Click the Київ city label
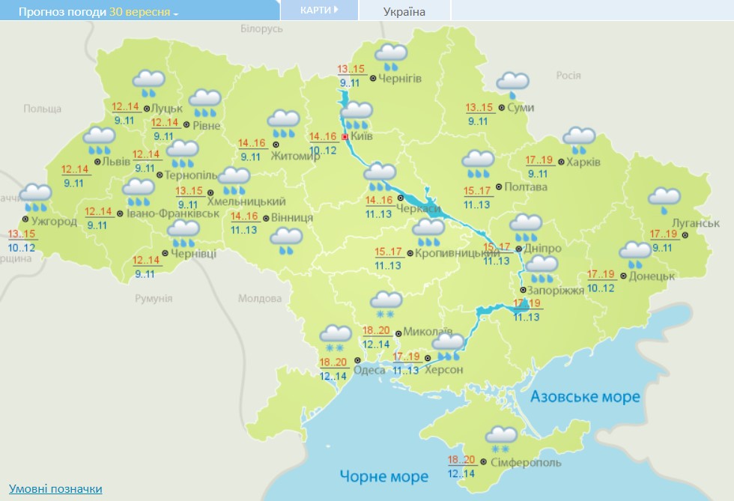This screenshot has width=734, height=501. [x=362, y=136]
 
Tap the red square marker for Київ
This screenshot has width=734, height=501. [x=345, y=137]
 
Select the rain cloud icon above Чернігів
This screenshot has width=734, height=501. [x=390, y=56]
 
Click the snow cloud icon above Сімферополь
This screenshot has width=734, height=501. [x=500, y=438]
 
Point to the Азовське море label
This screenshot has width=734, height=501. [x=585, y=396]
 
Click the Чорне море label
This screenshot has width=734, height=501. [x=384, y=476]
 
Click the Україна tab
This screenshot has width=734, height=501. [x=404, y=11]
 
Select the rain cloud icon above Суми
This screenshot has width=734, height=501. [x=512, y=84]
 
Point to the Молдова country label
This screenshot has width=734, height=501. [x=259, y=298]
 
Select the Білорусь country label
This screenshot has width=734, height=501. [x=261, y=28]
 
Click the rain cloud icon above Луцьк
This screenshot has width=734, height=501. [x=148, y=82]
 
